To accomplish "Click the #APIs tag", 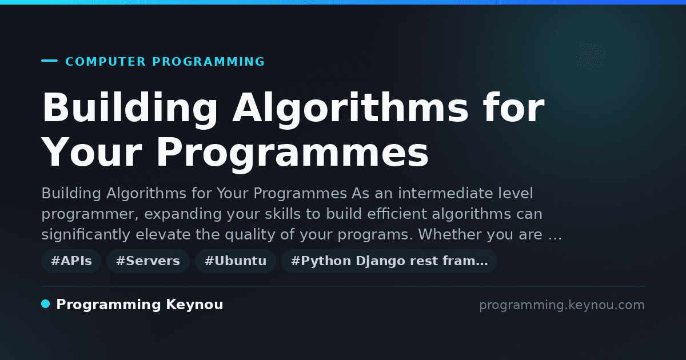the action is (71, 261).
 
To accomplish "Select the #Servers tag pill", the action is (148, 261).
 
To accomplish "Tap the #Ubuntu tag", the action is (236, 261).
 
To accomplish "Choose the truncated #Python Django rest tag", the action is (389, 261).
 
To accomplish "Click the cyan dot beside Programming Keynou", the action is (45, 304).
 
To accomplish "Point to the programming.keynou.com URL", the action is (562, 305).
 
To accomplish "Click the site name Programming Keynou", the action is (139, 305).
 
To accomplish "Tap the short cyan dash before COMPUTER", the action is (49, 61).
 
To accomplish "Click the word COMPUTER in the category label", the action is (106, 62).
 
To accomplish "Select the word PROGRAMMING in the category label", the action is (209, 62).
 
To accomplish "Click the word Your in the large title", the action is (92, 153).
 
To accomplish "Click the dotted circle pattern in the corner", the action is (590, 56).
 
